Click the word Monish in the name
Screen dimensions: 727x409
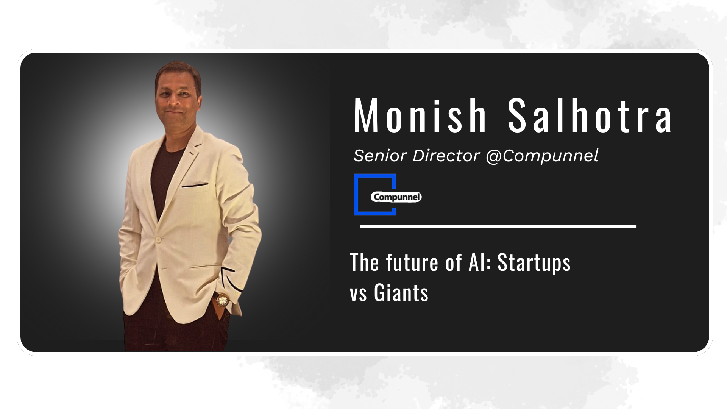tap(420, 115)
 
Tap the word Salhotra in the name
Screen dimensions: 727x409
tap(590, 115)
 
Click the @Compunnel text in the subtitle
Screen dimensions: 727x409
tap(542, 156)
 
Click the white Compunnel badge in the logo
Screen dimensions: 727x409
tap(396, 197)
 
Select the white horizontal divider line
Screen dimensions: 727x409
tap(498, 227)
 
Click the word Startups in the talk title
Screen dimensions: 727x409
tap(534, 262)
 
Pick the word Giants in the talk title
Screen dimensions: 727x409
tap(401, 293)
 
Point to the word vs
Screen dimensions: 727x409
tap(358, 295)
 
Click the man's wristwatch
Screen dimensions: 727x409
tap(222, 301)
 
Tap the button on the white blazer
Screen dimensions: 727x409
tap(158, 240)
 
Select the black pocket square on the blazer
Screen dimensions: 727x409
tap(195, 185)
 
